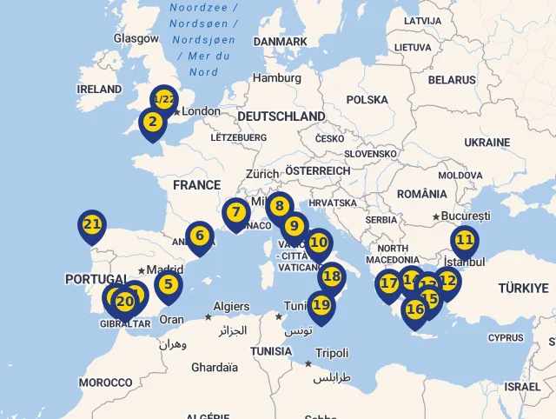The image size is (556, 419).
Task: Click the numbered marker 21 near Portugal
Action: click(91, 224)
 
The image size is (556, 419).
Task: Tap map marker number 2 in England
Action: click(152, 122)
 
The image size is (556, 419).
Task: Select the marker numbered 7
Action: click(235, 212)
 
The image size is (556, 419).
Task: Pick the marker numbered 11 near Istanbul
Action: click(464, 239)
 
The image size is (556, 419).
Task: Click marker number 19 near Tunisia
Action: click(321, 305)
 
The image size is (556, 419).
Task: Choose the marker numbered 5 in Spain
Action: click(169, 283)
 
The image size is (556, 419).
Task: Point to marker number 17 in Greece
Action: click(388, 283)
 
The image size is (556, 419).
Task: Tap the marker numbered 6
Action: click(200, 236)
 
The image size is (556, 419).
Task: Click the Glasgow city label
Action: click(136, 38)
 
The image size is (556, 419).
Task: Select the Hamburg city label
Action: click(277, 78)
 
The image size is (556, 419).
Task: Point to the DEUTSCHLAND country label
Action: click(281, 116)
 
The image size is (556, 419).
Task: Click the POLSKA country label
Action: click(367, 100)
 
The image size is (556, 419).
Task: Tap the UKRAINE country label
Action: click(486, 142)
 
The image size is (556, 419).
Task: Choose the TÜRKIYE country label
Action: click(523, 288)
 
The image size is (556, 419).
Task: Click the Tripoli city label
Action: click(332, 353)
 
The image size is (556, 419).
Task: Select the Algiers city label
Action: click(231, 307)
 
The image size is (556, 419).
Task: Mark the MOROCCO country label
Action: click(105, 382)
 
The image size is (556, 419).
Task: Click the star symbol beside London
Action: click(176, 111)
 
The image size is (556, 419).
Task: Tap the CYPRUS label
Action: click(506, 337)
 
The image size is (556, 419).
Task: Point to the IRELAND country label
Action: click(99, 89)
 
